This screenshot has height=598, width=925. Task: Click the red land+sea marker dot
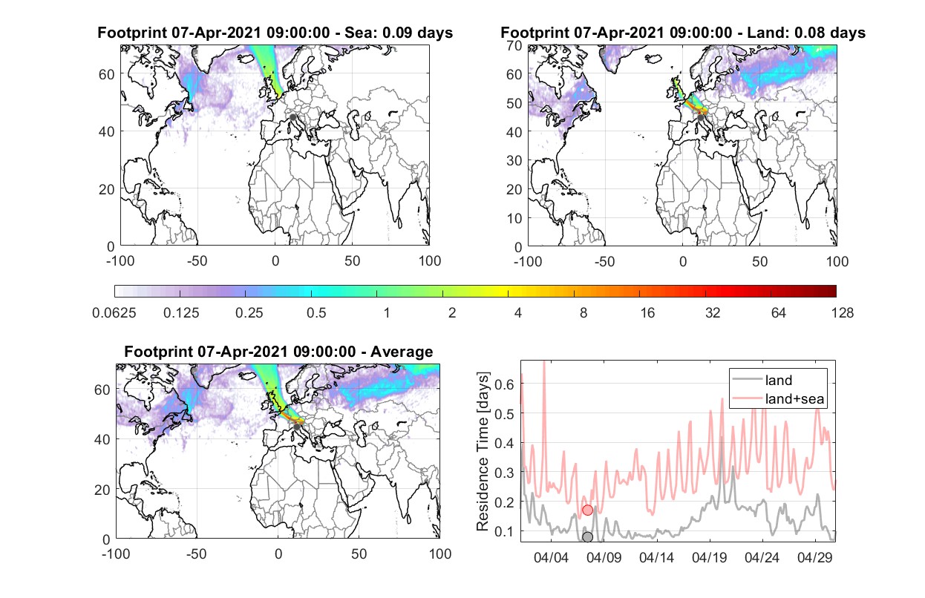pos(587,510)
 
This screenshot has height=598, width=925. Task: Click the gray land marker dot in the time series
pos(587,537)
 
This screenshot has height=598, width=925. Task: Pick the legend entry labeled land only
pos(778,380)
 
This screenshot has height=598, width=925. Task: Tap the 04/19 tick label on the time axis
pos(709,558)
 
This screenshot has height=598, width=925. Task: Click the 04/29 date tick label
pos(814,558)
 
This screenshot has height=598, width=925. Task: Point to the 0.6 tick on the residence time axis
pos(504,384)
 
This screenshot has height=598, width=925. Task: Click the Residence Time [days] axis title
pos(483,451)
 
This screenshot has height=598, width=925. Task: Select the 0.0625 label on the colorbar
pos(114,313)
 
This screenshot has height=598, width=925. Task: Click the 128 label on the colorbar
pos(842,313)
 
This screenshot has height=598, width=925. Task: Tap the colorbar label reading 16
pos(647,313)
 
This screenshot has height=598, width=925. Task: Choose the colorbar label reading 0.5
pos(316,313)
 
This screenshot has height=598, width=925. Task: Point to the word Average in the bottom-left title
pos(402,352)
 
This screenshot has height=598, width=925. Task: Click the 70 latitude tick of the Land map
pos(514,45)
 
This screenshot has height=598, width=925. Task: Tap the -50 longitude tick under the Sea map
pos(197,261)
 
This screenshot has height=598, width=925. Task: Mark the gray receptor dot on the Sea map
pos(292,117)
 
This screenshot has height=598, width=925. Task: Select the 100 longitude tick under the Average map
pos(439,553)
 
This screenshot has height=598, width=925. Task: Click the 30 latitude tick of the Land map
pos(514,160)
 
